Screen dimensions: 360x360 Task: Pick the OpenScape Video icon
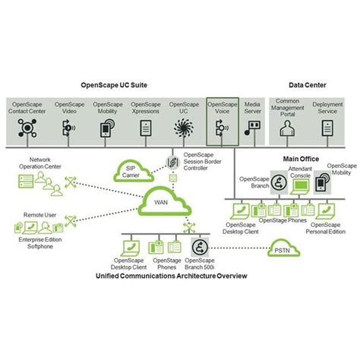(69, 128)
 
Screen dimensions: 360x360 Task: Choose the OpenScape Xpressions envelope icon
(145, 128)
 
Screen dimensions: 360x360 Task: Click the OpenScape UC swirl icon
(184, 128)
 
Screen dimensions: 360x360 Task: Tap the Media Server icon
(253, 129)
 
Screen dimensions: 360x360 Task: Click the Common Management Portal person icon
(288, 130)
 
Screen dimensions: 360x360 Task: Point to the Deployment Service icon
(327, 130)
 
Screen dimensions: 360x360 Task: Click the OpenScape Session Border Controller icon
(172, 163)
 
